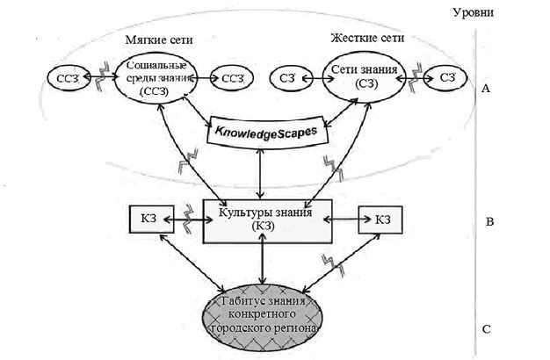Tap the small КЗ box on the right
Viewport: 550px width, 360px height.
click(380, 220)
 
